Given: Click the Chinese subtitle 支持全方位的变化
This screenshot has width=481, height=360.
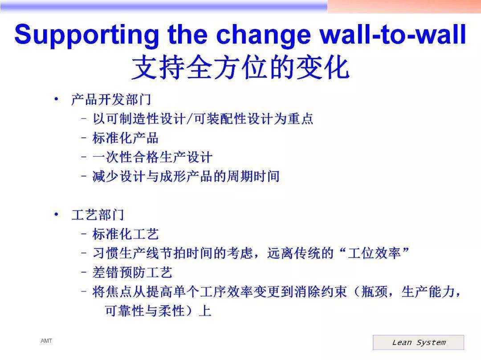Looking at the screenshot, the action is tap(240, 68).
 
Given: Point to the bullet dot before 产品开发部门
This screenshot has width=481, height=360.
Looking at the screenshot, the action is tap(56, 99).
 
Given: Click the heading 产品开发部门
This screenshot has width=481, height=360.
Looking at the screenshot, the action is tap(111, 100).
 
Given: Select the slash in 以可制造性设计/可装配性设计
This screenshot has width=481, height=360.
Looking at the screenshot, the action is tap(190, 119).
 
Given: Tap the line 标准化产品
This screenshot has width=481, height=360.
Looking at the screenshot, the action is tap(126, 138).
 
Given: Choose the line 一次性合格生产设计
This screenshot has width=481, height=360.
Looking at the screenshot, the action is tap(152, 157).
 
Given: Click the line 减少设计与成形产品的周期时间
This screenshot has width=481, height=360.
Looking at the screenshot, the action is tap(186, 177).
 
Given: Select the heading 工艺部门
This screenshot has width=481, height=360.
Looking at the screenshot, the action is tap(98, 215).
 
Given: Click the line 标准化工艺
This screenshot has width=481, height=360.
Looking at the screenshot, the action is tap(126, 234).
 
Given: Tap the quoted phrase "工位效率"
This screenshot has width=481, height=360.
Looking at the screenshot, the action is tap(375, 253).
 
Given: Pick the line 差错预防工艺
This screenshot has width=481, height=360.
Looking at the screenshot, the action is tap(132, 272).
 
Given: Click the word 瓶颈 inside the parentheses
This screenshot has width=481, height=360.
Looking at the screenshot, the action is tap(375, 291).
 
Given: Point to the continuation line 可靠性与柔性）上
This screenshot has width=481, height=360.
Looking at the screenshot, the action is tap(158, 311).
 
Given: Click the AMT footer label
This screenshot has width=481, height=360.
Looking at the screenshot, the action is tap(46, 341).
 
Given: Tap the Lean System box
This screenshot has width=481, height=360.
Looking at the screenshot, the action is tap(418, 342).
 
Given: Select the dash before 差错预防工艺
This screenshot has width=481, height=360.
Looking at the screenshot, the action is tap(84, 272).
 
